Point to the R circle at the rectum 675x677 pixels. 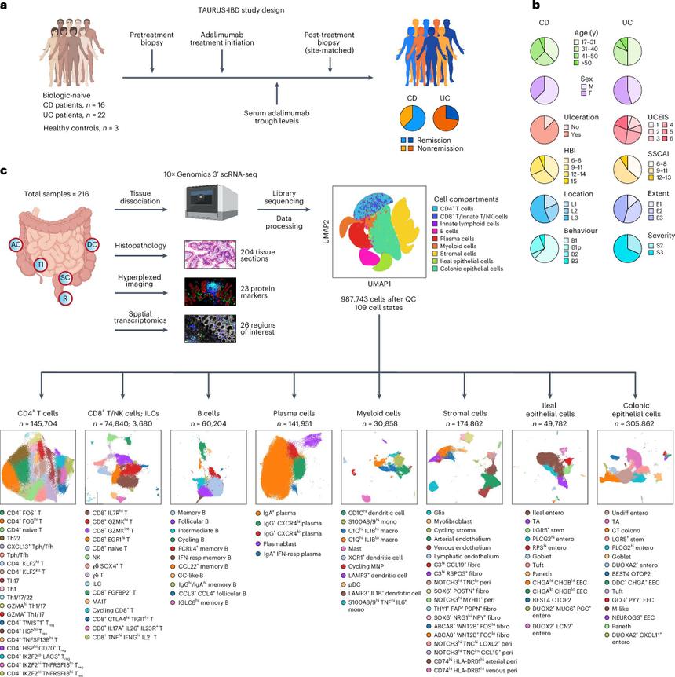pyautogui.click(x=66, y=299)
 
